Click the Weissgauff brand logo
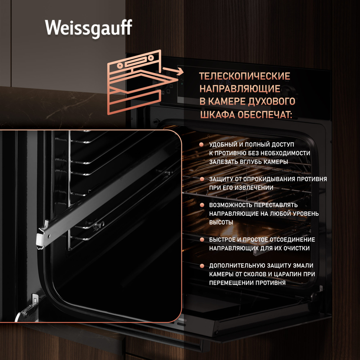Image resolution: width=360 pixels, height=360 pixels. click(x=88, y=28)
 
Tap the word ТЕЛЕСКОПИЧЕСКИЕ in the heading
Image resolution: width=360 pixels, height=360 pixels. click(x=245, y=76)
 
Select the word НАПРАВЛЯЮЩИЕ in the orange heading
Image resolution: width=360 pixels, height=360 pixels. click(x=240, y=89)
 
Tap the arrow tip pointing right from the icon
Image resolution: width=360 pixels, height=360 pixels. click(x=183, y=71)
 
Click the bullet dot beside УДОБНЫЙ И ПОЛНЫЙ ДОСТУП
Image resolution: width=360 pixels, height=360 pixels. click(x=202, y=145)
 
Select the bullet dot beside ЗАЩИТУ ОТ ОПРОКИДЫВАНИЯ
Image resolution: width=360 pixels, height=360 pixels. click(x=202, y=179)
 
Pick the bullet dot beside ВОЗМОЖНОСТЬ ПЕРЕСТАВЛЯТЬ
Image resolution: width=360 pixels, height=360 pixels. click(x=202, y=205)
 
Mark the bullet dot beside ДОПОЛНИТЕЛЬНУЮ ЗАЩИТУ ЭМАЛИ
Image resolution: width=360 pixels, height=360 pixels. click(x=202, y=266)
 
